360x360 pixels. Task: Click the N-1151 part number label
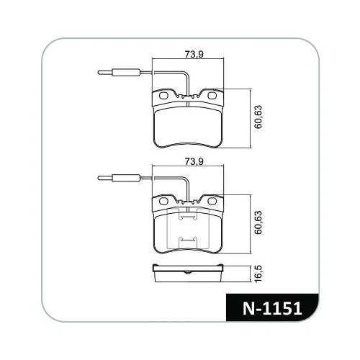point(272,308)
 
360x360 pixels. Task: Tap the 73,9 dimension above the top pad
point(194,55)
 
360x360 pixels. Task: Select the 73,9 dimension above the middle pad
point(194,161)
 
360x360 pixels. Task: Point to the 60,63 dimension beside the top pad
point(258,117)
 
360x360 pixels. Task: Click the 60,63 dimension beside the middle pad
point(258,222)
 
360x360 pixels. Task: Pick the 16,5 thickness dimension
point(258,274)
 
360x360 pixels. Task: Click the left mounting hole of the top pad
point(163,96)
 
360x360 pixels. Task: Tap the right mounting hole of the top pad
point(212,96)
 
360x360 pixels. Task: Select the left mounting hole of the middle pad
point(163,201)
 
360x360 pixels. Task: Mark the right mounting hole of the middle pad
point(212,201)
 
